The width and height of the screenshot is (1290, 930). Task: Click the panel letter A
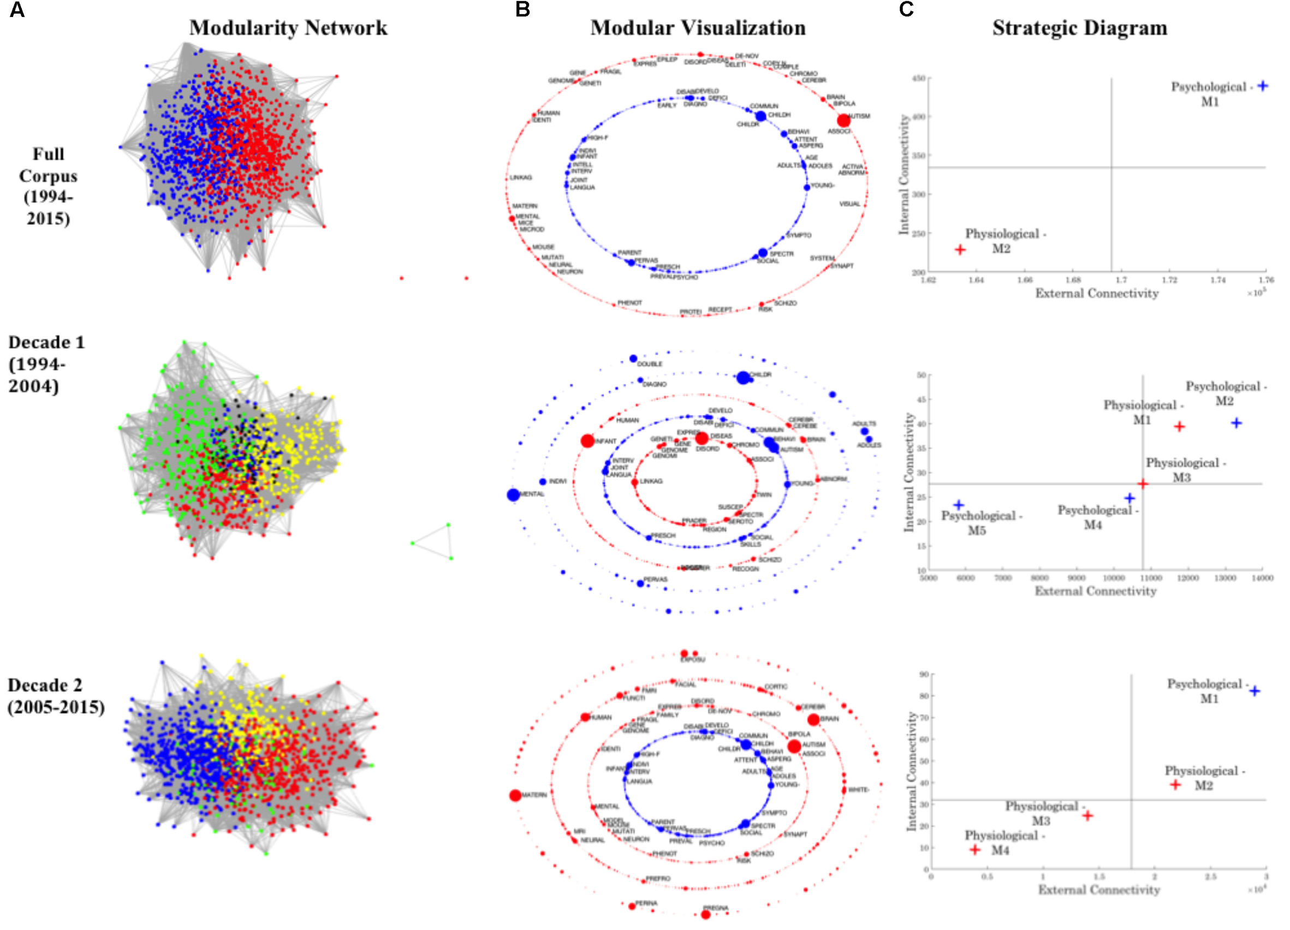pyautogui.click(x=17, y=10)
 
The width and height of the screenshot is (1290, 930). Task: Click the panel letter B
pyautogui.click(x=522, y=10)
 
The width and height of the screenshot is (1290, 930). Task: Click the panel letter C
pyautogui.click(x=906, y=10)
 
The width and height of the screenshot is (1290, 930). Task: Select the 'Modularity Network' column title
pyautogui.click(x=288, y=28)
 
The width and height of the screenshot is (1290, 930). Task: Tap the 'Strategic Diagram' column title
pyautogui.click(x=1080, y=28)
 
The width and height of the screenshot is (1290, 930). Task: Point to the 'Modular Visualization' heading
pyautogui.click(x=697, y=28)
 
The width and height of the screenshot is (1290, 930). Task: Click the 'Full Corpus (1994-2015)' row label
pyautogui.click(x=49, y=186)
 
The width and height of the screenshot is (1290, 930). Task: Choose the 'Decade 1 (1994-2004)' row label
pyautogui.click(x=45, y=364)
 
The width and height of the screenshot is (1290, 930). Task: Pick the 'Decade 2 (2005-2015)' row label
pyautogui.click(x=56, y=696)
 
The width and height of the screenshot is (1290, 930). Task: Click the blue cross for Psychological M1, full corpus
pyautogui.click(x=1263, y=86)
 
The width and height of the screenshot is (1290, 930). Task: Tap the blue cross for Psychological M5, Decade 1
pyautogui.click(x=959, y=504)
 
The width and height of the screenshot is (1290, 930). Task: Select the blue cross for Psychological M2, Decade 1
pyautogui.click(x=1236, y=423)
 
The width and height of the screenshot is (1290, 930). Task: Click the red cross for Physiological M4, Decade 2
pyautogui.click(x=975, y=850)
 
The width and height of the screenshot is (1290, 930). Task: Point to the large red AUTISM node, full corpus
pyautogui.click(x=843, y=121)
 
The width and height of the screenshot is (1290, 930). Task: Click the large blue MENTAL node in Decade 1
pyautogui.click(x=513, y=495)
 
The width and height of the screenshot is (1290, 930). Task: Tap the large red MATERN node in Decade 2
pyautogui.click(x=515, y=795)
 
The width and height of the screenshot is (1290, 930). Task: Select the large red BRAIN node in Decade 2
pyautogui.click(x=813, y=719)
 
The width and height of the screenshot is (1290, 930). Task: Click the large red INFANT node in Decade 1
pyautogui.click(x=587, y=441)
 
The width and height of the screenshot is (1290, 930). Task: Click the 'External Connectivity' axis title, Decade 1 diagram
pyautogui.click(x=1095, y=591)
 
